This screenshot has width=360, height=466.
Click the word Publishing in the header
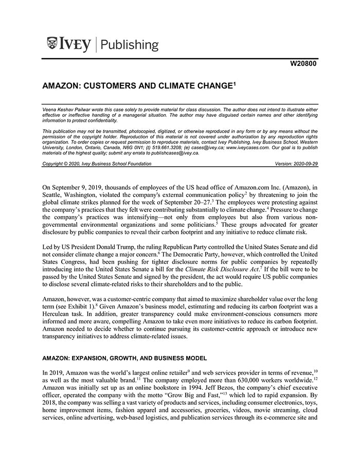point(129,45)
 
